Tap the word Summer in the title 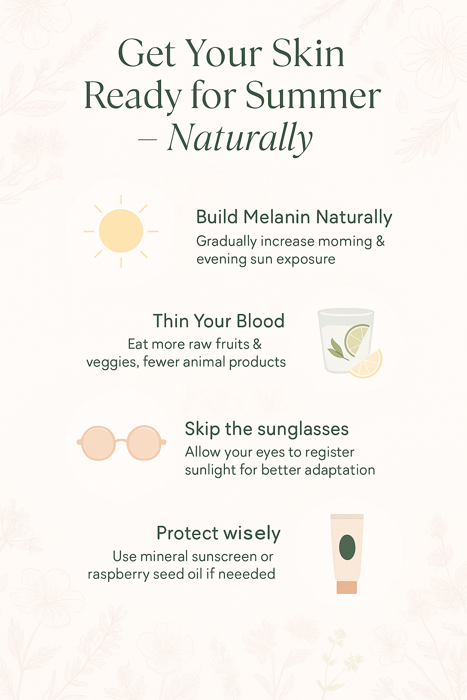(313, 95)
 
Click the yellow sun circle (121, 231)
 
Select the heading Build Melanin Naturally (294, 217)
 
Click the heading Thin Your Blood (218, 321)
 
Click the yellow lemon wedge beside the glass (367, 365)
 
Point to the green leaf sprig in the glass (337, 350)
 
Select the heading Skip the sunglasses (266, 429)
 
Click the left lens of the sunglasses (98, 443)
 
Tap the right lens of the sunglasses (144, 443)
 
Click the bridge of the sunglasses (121, 441)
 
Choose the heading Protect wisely (218, 533)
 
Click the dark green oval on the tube (347, 547)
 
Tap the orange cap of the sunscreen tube (347, 587)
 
